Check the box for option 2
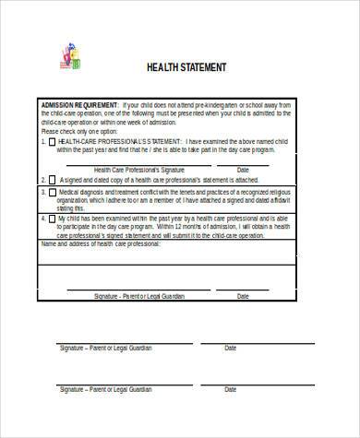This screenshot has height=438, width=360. coord(52,181)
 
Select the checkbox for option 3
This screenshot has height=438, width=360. coord(52,193)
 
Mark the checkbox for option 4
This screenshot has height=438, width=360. coord(52,219)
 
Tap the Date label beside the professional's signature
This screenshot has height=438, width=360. coord(243,170)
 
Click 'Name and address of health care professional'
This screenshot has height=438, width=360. coord(101,244)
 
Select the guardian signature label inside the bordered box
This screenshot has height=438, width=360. coord(138,296)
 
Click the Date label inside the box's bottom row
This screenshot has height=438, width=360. coord(243,296)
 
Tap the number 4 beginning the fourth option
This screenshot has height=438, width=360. coord(42,219)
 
